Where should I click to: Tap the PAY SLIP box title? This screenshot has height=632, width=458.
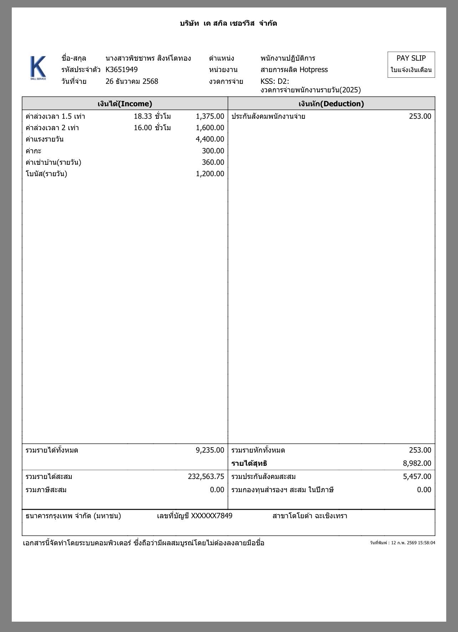click(411, 58)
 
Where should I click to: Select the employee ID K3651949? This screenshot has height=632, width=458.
click(122, 70)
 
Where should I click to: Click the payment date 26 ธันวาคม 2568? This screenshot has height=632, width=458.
click(132, 81)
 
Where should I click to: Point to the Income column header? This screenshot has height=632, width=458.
click(125, 104)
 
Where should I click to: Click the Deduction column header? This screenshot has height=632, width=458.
click(331, 104)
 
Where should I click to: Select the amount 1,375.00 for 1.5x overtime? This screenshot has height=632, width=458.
click(210, 116)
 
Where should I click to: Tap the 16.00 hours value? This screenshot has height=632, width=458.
click(143, 128)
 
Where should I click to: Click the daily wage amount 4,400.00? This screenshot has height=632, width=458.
click(210, 139)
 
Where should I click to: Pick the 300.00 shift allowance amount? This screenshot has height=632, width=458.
click(213, 151)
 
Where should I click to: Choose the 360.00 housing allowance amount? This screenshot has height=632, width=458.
click(213, 162)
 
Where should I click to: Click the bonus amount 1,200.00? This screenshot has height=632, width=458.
click(210, 174)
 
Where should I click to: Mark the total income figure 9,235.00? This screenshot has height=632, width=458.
click(210, 450)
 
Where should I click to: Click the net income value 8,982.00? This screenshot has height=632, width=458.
click(417, 463)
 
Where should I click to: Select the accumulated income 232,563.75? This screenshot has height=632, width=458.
click(206, 476)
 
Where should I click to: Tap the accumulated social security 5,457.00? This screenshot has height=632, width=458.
click(417, 476)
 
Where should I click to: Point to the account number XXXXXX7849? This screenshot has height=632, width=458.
click(212, 516)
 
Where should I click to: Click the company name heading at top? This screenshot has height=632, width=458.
click(228, 24)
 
